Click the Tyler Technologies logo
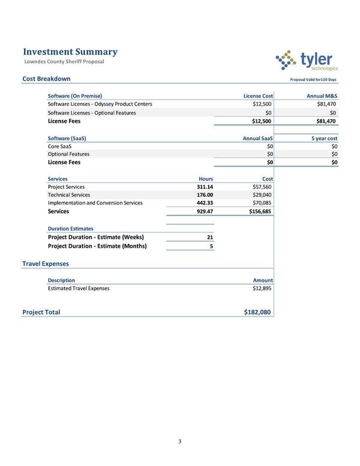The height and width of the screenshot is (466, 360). [306, 60]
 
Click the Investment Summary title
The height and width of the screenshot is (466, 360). [70, 52]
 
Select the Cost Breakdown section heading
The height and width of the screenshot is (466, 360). [46, 79]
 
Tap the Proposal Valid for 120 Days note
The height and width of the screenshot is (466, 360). [313, 80]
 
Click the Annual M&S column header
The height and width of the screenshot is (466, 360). [322, 96]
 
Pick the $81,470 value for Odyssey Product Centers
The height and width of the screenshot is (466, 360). [326, 104]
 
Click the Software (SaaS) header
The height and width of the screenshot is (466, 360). [67, 138]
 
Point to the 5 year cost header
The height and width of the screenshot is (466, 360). [325, 138]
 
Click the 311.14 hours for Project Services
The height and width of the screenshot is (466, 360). [205, 187]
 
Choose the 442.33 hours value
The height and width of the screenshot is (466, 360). [205, 203]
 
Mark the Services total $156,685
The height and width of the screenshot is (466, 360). [260, 211]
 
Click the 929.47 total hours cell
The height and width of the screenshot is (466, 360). [205, 211]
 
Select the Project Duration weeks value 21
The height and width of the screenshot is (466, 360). [209, 237]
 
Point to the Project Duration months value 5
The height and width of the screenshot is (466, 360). [211, 245]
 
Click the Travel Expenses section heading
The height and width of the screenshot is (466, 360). [46, 263]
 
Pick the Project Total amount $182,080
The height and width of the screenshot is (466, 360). [258, 312]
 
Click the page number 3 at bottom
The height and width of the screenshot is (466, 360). [179, 442]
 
